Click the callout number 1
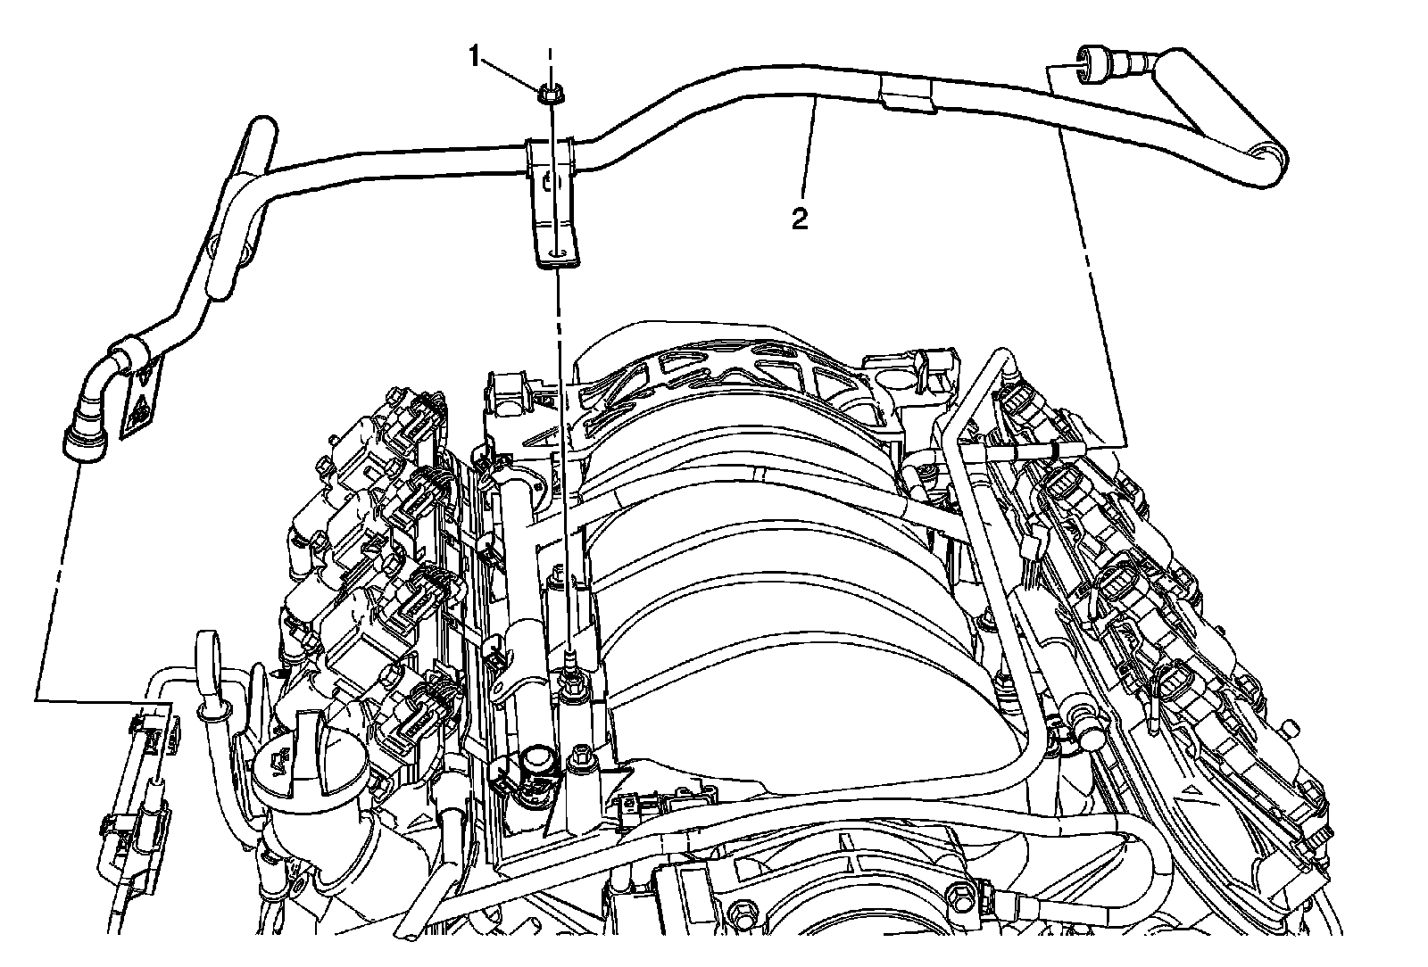[x=477, y=58]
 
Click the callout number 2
[x=800, y=218]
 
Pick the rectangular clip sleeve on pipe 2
[x=906, y=94]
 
